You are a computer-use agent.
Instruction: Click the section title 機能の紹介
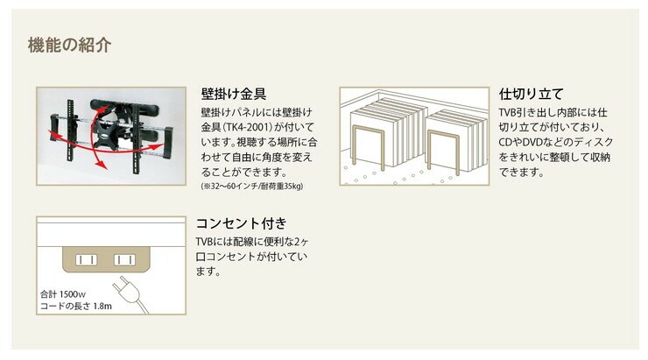(x=69, y=45)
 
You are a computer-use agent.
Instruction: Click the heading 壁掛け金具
(x=234, y=94)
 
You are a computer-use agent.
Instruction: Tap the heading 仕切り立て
(x=531, y=94)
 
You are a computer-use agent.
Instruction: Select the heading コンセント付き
(x=241, y=223)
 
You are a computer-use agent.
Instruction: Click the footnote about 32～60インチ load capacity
(x=252, y=187)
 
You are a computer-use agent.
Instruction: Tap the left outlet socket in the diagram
(x=87, y=260)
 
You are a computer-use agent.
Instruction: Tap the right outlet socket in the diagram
(x=124, y=260)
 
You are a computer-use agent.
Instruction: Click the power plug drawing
(x=127, y=291)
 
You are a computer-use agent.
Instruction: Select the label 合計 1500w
(x=63, y=294)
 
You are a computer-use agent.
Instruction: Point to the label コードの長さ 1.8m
(x=76, y=307)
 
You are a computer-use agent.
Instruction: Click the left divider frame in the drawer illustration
(x=369, y=147)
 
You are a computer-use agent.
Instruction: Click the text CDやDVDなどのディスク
(x=555, y=142)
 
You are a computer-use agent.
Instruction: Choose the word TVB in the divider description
(x=507, y=112)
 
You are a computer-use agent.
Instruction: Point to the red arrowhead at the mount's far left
(x=52, y=134)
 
